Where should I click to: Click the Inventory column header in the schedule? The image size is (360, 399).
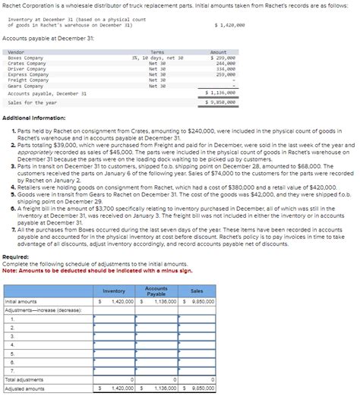click(x=113, y=291)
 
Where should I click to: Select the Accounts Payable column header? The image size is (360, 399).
click(x=156, y=291)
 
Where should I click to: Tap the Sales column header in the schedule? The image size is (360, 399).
click(x=197, y=291)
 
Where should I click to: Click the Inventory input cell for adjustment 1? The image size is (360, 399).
click(x=113, y=319)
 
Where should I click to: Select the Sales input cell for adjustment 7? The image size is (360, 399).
click(x=197, y=370)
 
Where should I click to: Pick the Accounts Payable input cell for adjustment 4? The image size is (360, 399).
click(x=156, y=344)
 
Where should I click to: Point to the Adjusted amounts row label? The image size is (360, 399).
click(x=24, y=388)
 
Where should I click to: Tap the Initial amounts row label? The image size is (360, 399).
click(x=21, y=301)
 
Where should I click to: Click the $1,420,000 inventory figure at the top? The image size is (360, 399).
click(x=230, y=25)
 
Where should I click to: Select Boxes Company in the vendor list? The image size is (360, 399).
click(x=25, y=58)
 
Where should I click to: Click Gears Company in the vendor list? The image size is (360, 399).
click(x=25, y=86)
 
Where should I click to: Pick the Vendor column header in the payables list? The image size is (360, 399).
click(x=15, y=52)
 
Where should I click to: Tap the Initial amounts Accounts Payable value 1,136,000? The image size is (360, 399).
click(x=159, y=301)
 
